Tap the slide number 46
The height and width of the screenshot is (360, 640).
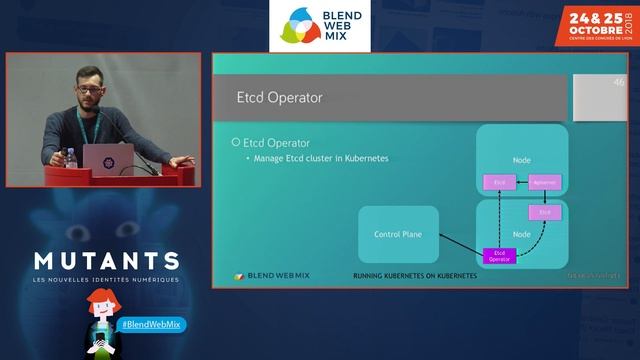[619, 83]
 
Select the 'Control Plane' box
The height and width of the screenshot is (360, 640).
[398, 234]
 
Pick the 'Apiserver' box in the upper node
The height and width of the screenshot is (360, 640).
[544, 182]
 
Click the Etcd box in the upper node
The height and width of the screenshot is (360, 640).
[499, 182]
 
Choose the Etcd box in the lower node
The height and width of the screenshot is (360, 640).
[544, 213]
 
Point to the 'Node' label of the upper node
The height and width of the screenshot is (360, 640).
[521, 160]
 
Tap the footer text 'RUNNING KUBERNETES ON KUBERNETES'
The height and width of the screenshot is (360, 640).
[415, 276]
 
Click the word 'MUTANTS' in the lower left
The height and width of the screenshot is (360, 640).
[106, 262]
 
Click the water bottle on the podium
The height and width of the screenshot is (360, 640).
[71, 157]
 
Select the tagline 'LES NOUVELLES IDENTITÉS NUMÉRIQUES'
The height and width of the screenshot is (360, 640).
[106, 279]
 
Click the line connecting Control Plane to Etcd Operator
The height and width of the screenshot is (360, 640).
[460, 246]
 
